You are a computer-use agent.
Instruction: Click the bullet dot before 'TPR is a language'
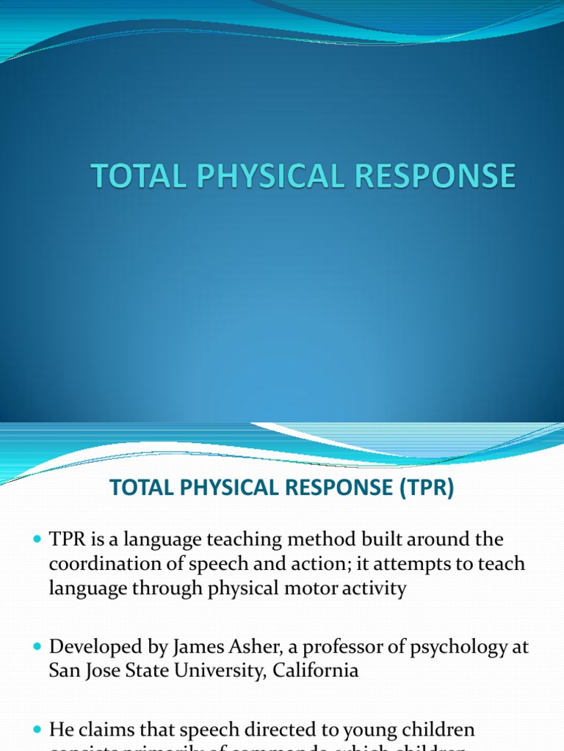[39, 540]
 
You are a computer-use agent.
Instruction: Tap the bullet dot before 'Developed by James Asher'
[39, 647]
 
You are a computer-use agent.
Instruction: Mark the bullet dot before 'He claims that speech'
[39, 730]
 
